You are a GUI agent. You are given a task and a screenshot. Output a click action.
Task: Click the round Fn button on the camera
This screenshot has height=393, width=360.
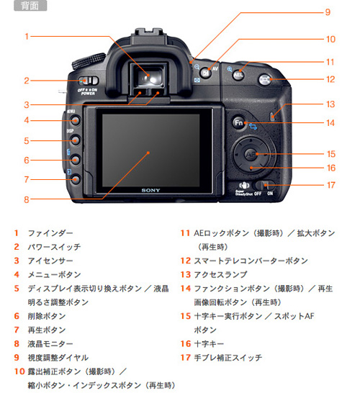pyautogui.click(x=238, y=122)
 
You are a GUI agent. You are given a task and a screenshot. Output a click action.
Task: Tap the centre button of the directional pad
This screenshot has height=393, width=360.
pyautogui.click(x=250, y=154)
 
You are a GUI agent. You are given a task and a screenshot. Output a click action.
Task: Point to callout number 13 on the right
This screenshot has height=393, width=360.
pyautogui.click(x=330, y=104)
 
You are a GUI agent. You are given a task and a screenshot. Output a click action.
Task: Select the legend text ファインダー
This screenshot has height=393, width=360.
pyautogui.click(x=50, y=233)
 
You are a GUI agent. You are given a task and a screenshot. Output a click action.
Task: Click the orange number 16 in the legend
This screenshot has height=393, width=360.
pyautogui.click(x=185, y=343)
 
